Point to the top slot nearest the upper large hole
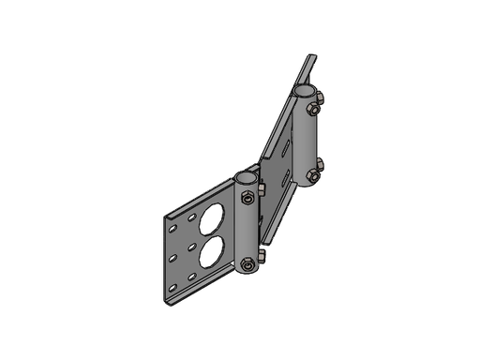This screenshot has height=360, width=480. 191,217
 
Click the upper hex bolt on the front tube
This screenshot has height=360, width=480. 246,197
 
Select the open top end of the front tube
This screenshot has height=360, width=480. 247,176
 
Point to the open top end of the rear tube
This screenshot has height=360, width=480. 305,91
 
